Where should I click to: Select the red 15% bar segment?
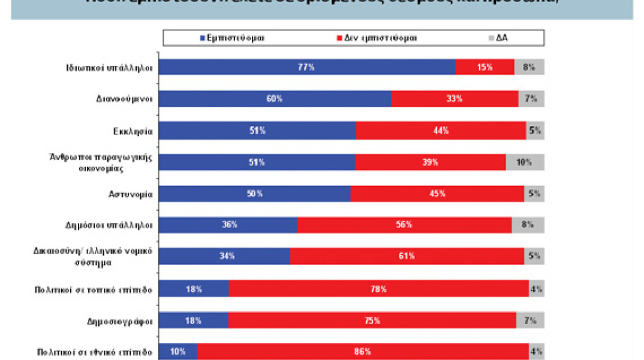tap(484, 67)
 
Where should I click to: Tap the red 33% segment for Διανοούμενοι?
tap(454, 98)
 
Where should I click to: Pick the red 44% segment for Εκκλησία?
tap(441, 130)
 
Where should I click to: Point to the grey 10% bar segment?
tap(525, 162)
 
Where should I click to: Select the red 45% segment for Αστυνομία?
tap(437, 193)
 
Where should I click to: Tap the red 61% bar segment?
tap(407, 256)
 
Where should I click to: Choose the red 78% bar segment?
tap(378, 289)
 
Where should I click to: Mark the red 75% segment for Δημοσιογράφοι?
tap(372, 320)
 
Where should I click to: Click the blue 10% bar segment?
tap(179, 352)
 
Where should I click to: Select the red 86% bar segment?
tap(363, 352)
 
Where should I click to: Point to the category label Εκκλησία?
tap(136, 130)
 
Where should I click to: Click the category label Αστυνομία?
tap(134, 194)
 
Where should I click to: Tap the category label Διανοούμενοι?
tap(128, 99)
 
